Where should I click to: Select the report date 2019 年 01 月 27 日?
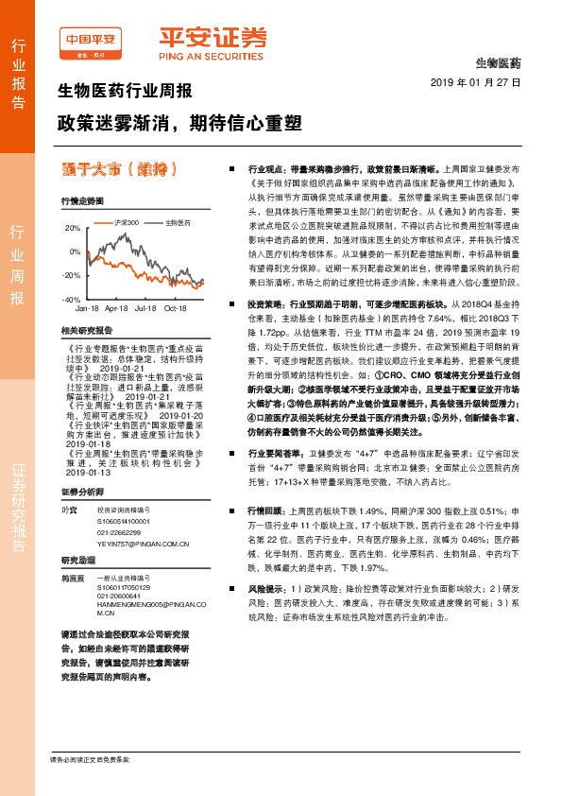[x=483, y=82]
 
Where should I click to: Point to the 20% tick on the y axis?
[x=73, y=229]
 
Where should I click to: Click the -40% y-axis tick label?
[x=72, y=299]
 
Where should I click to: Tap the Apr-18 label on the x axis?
[x=116, y=308]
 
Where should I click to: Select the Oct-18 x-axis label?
[x=176, y=308]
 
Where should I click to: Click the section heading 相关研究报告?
[x=86, y=330]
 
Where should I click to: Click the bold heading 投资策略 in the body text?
[x=265, y=304]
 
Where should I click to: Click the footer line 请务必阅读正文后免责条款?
[x=90, y=759]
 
